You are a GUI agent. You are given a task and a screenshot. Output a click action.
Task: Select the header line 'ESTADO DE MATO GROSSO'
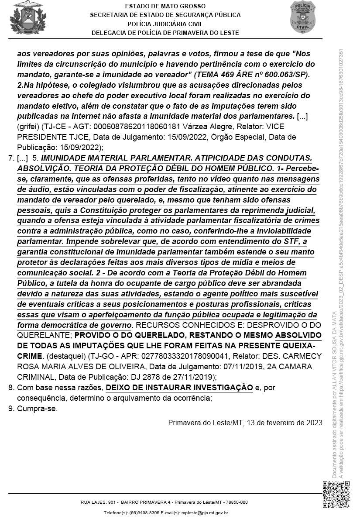[165, 6]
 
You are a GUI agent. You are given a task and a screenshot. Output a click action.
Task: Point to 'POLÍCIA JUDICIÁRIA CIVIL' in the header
[165, 24]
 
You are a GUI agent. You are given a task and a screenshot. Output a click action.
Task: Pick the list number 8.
[11, 387]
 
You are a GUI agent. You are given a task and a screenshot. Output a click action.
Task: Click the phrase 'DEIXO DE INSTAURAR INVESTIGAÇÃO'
[179, 387]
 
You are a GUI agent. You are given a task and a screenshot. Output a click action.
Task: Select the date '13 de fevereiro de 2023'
[284, 422]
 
